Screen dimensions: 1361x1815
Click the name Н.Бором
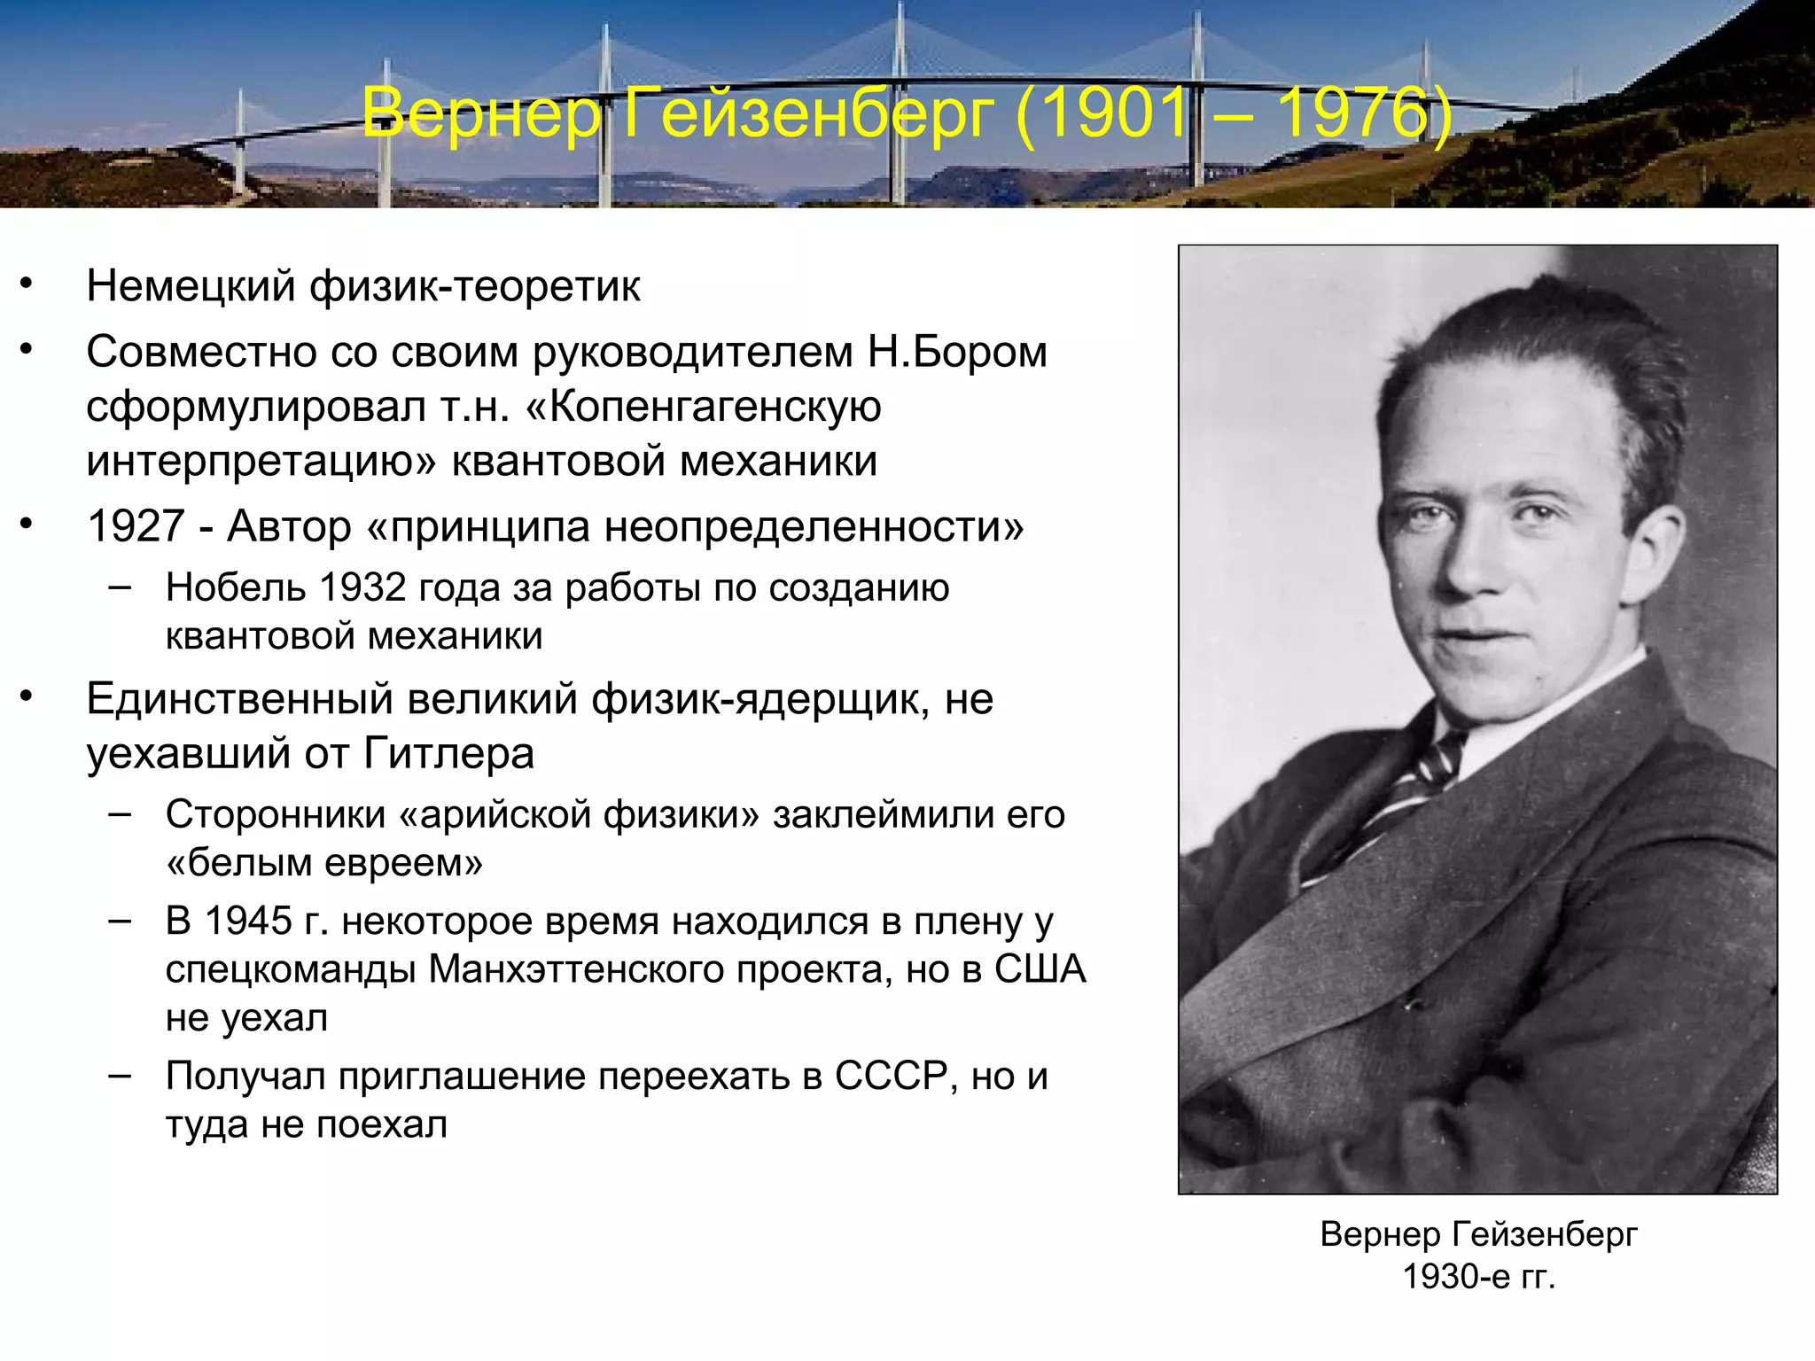click(x=957, y=352)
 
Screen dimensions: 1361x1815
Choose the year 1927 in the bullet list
click(x=136, y=526)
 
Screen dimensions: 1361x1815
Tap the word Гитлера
click(x=448, y=754)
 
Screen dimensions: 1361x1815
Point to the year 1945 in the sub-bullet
click(x=248, y=922)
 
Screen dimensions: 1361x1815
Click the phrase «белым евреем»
click(x=324, y=862)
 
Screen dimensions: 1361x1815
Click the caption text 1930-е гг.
click(x=1478, y=1277)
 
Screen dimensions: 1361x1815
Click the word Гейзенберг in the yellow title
click(x=808, y=113)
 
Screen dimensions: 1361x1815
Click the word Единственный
click(x=239, y=699)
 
